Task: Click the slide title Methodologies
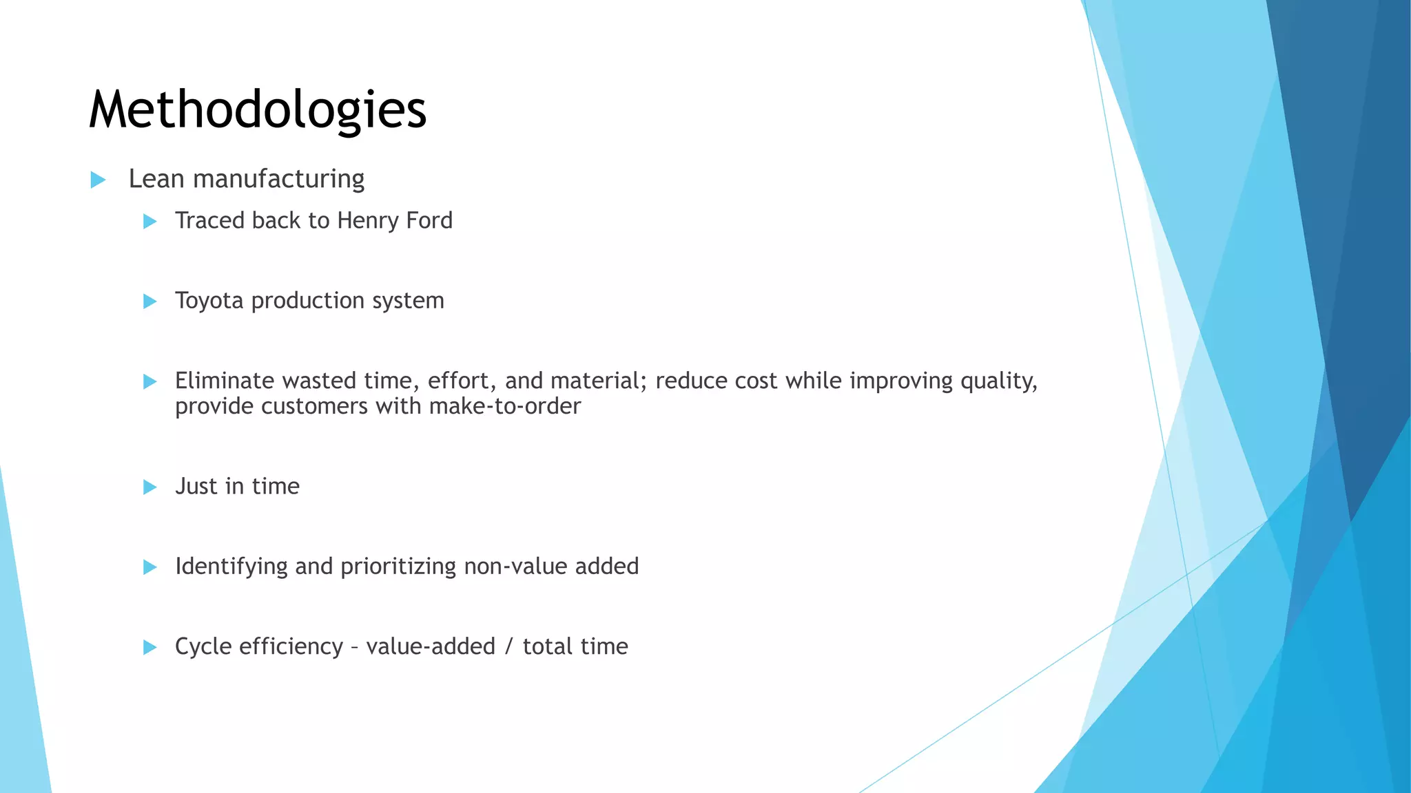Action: (x=258, y=110)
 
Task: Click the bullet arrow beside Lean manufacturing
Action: (x=98, y=180)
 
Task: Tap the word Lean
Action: (x=156, y=179)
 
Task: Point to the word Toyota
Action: (x=209, y=301)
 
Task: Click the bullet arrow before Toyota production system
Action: (x=150, y=302)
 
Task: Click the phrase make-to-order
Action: (x=504, y=406)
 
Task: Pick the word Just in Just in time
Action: (x=196, y=487)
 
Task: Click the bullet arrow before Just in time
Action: (x=150, y=487)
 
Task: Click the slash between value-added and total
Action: (x=508, y=646)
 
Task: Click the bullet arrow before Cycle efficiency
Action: (x=150, y=647)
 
